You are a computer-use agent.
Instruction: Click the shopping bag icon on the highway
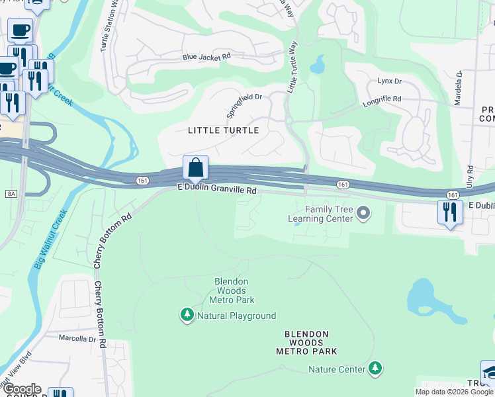(x=195, y=167)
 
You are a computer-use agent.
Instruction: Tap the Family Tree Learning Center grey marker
(x=362, y=213)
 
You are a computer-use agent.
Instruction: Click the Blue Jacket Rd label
(x=206, y=57)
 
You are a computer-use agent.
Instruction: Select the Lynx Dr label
(x=390, y=81)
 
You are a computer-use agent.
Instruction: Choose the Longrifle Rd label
(x=382, y=99)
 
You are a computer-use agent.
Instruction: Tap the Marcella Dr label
(x=77, y=339)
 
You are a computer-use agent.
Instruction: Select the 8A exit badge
(x=10, y=193)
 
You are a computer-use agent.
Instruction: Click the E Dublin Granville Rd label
(x=216, y=190)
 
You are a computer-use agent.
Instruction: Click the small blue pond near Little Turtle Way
(x=318, y=65)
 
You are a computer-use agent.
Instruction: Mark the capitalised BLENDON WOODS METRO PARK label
(x=306, y=342)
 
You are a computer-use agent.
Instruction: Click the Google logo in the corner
(x=21, y=389)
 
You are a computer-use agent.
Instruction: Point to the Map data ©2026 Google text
(x=453, y=392)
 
